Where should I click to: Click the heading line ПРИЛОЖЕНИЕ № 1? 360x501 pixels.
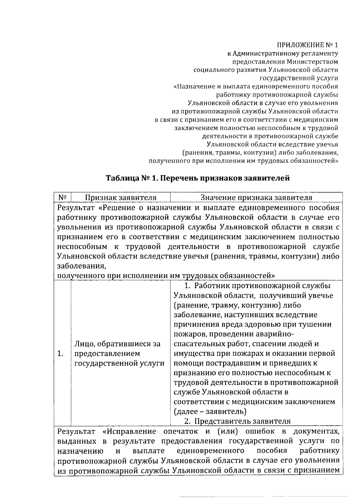click(307, 45)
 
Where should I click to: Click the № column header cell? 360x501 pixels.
click(62, 198)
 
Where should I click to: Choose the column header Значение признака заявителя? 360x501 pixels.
click(256, 198)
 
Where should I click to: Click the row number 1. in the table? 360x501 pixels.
click(60, 353)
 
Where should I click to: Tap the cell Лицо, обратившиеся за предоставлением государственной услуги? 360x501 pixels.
click(119, 353)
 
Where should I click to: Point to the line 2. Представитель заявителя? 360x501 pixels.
click(237, 421)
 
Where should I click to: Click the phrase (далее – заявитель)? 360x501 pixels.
click(210, 411)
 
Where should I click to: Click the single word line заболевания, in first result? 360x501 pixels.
click(81, 266)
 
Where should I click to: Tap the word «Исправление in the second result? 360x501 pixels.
click(129, 432)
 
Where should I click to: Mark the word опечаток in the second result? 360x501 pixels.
click(181, 432)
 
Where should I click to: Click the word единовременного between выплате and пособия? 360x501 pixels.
click(210, 451)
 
